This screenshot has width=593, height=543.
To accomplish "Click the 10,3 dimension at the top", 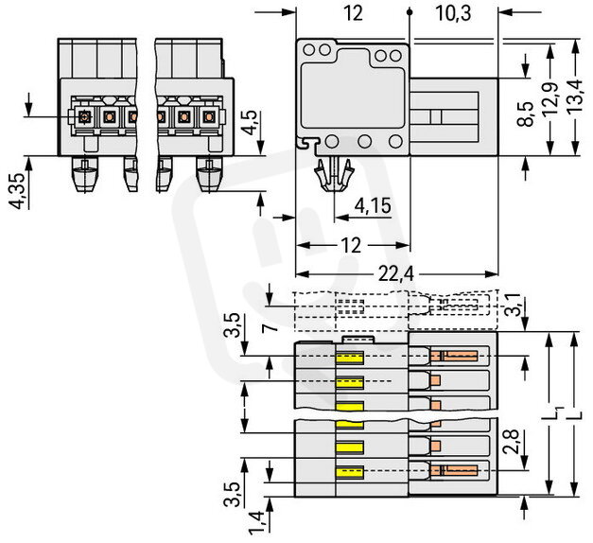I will click(454, 13).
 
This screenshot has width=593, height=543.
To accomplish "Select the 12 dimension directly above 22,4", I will click(351, 246).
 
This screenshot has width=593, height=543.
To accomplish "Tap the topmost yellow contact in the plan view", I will click(351, 359).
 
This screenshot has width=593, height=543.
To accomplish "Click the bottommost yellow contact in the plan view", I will click(351, 470).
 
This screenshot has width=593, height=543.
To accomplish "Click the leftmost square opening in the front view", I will click(84, 116).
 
